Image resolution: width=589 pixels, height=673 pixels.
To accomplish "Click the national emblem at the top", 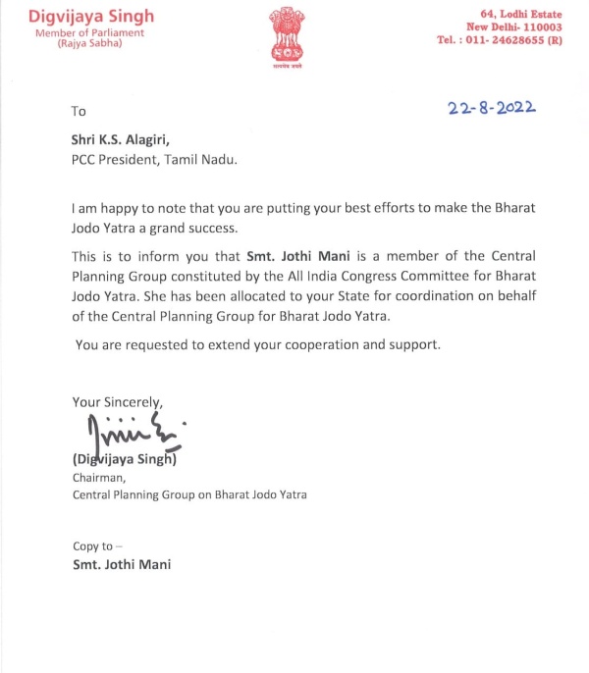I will [x=294, y=32].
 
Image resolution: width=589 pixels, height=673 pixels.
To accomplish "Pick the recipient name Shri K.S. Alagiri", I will [x=128, y=140].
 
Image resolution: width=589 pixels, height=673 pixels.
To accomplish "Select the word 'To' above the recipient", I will [x=80, y=112].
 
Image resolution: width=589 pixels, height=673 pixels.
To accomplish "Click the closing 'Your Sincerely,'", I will [x=117, y=401].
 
